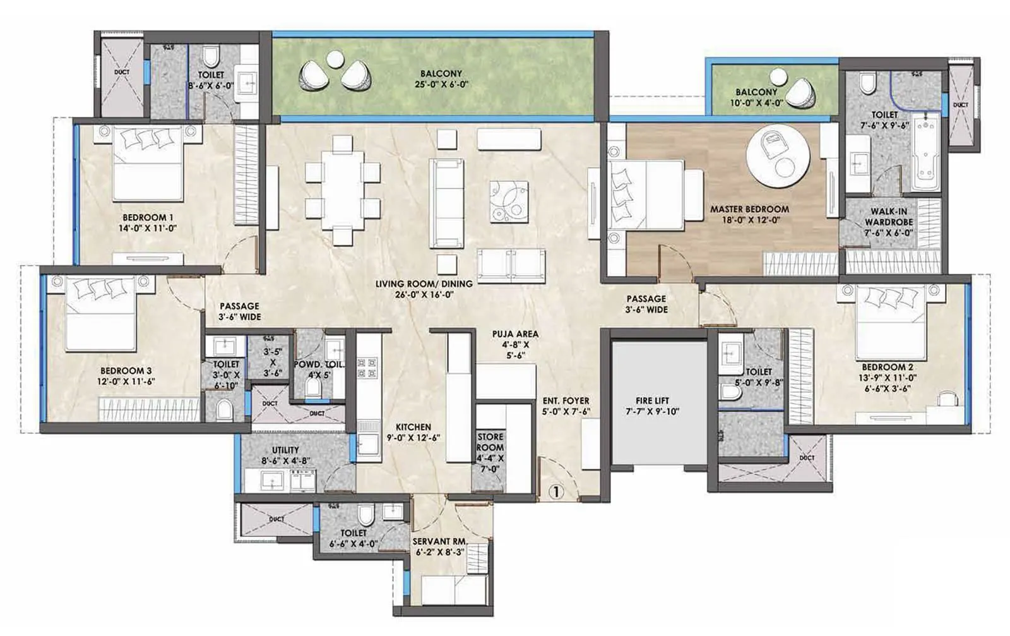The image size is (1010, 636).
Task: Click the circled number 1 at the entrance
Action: point(556,491)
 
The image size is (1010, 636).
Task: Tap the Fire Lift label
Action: point(653,400)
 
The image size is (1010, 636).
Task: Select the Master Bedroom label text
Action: point(749,209)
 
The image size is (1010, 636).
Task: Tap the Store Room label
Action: point(490,441)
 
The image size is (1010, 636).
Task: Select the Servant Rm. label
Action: point(440,541)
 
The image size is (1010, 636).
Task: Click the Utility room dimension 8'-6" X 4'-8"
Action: point(285,461)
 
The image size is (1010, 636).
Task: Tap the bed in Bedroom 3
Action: point(102,314)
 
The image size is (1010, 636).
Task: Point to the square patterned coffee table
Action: point(509,201)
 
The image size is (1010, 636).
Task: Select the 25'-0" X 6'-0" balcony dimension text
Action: point(441,85)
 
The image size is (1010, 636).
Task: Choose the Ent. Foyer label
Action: point(566,400)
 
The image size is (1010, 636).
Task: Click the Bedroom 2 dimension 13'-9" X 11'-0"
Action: point(888,378)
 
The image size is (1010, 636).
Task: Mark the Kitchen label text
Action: point(413,428)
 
